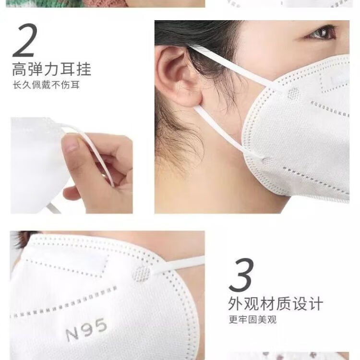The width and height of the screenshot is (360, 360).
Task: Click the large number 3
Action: pos(241,275)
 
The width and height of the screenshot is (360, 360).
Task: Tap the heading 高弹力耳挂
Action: pos(52,69)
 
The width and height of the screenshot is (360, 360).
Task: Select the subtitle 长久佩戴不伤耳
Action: pos(46,85)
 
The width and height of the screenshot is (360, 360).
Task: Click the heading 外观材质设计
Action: pos(276,303)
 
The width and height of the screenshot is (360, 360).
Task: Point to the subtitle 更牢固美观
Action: pos(252,320)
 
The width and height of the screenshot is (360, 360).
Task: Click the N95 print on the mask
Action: pos(86,329)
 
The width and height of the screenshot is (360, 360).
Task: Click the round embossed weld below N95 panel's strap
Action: pos(142,274)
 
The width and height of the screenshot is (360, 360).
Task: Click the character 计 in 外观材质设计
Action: pos(316,303)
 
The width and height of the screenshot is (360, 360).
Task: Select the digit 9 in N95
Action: pos(87,328)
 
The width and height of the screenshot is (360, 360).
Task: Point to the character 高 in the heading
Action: pos(20,69)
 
